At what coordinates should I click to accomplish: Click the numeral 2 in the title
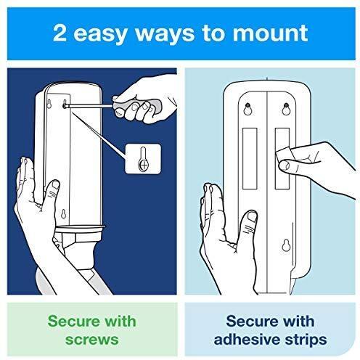(x=60, y=33)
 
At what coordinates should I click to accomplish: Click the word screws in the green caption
(x=92, y=340)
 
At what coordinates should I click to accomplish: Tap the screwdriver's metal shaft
(x=89, y=105)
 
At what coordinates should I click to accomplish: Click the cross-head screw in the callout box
(x=144, y=165)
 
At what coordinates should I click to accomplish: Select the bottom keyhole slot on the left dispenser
(x=63, y=213)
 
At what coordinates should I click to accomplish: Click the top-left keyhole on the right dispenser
(x=247, y=108)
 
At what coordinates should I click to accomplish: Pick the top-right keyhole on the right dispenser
(x=286, y=109)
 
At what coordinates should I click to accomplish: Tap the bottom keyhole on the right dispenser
(x=286, y=245)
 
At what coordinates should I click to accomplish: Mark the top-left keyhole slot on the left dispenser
(x=49, y=104)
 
